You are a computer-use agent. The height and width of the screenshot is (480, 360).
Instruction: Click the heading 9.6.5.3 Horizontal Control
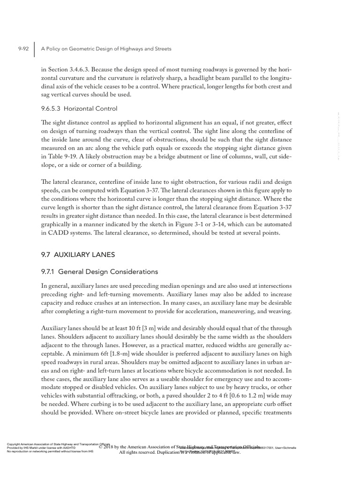click(79, 108)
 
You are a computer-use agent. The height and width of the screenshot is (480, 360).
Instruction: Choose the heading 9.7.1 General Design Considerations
click(100, 271)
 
